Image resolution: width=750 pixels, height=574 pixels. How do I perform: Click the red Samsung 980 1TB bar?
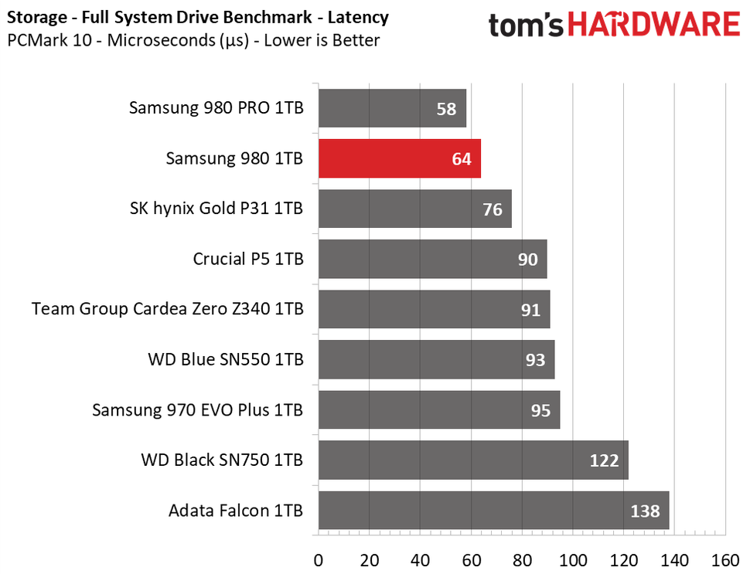pos(399,158)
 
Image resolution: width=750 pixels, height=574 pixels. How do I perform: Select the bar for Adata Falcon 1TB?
pos(493,511)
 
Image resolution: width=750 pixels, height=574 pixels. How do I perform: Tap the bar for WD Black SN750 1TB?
pos(472,460)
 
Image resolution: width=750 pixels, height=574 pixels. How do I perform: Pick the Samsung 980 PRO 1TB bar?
pos(392,108)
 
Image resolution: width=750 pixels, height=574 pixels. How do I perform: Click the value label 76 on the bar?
pos(493,209)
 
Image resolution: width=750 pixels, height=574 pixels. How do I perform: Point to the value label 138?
pos(644,511)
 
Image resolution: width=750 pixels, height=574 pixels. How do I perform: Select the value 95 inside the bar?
pos(540,410)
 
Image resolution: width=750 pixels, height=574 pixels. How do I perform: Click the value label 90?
pos(527,260)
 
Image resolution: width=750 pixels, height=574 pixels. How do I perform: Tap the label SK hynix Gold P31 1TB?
pos(216,209)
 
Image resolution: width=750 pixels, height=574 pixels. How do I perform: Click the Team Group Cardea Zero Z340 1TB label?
pos(168,309)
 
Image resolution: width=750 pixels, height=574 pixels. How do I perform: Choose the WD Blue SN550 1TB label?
pos(225,359)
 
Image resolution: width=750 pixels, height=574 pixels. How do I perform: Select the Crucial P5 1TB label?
pos(248,259)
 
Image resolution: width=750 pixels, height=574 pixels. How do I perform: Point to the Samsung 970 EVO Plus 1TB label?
pos(197,409)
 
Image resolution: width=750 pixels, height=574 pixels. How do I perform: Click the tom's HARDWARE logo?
pos(614,25)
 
